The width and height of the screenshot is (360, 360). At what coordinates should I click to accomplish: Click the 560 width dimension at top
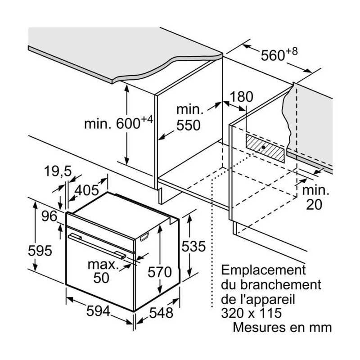pyautogui.click(x=273, y=55)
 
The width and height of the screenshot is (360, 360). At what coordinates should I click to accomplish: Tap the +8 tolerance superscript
pyautogui.click(x=292, y=50)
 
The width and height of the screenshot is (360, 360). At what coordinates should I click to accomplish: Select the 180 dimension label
pyautogui.click(x=242, y=97)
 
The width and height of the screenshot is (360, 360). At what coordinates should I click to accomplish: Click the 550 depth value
pyautogui.click(x=189, y=126)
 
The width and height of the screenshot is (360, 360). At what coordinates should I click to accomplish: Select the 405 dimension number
pyautogui.click(x=86, y=190)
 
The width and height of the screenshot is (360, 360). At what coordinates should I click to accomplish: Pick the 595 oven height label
pyautogui.click(x=40, y=251)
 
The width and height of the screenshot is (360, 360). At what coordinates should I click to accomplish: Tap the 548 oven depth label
pyautogui.click(x=161, y=313)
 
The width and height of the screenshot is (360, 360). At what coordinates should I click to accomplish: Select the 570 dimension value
pyautogui.click(x=160, y=272)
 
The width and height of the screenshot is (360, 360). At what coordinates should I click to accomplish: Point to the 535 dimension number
pyautogui.click(x=193, y=247)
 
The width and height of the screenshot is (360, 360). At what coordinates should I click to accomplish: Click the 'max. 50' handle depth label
pyautogui.click(x=102, y=270)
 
